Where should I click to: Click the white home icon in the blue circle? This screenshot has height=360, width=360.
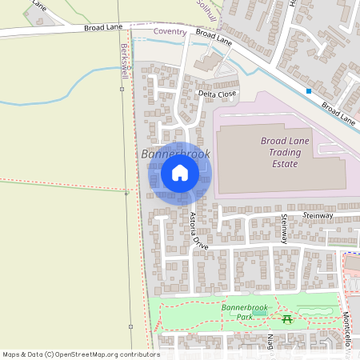point(180,173)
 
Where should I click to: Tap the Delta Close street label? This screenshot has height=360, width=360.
point(217,94)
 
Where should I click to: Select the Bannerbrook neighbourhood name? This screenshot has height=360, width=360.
point(175,153)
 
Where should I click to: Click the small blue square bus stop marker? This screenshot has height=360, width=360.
point(309,91)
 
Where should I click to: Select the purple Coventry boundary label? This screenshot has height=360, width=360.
point(170,32)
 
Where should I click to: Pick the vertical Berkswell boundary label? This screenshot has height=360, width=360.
point(124,59)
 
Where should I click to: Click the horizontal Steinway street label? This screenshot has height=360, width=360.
point(318,216)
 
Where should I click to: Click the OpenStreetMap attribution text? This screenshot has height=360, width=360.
point(81,354)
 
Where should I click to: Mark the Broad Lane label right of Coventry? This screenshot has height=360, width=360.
point(214,37)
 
